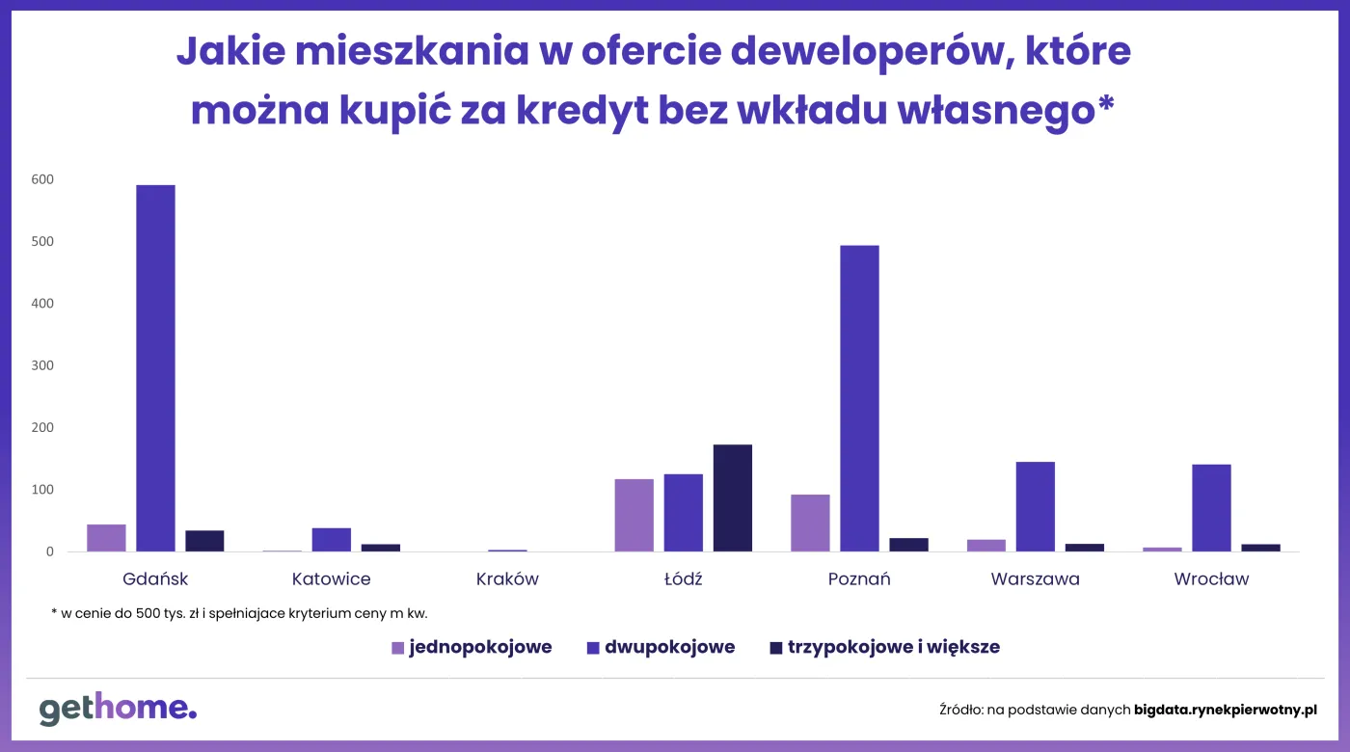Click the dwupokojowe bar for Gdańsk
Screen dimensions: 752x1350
[155, 368]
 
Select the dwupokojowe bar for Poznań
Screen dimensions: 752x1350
[859, 398]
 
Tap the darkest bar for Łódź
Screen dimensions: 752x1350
[733, 497]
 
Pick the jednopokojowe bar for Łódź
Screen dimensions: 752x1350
[634, 515]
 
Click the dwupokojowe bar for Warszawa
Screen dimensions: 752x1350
[1036, 506]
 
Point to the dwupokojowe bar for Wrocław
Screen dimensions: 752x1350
[1211, 508]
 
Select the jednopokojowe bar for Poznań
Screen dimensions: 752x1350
[810, 523]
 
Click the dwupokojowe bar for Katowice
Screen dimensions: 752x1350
[332, 540]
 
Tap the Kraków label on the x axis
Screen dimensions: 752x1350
[507, 579]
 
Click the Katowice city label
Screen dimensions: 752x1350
[331, 579]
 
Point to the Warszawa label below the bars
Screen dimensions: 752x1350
[1035, 579]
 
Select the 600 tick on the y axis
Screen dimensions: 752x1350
[41, 179]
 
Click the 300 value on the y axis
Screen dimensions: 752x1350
[41, 365]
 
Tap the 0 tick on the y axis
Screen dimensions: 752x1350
[47, 551]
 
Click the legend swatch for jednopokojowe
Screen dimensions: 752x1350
[398, 648]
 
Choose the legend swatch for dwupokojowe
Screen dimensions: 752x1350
[593, 648]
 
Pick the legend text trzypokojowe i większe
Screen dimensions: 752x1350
[893, 647]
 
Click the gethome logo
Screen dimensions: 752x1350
[118, 709]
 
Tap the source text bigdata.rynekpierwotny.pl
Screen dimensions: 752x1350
[1225, 710]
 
